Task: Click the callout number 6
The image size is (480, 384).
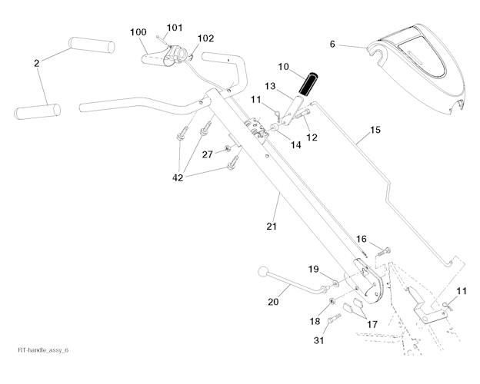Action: tap(332, 45)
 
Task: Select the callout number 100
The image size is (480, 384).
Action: tap(138, 32)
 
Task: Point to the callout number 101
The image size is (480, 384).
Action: tap(175, 28)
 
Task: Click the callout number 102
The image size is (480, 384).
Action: tap(205, 38)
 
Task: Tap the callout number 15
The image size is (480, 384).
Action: tap(375, 131)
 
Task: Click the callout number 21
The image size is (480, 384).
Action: tap(271, 226)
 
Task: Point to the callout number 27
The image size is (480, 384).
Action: tap(207, 154)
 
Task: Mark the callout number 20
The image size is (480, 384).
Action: tap(272, 302)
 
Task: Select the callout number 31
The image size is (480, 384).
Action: tap(318, 339)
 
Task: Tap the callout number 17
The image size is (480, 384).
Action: tap(372, 324)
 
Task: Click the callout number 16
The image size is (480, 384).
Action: tap(361, 240)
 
